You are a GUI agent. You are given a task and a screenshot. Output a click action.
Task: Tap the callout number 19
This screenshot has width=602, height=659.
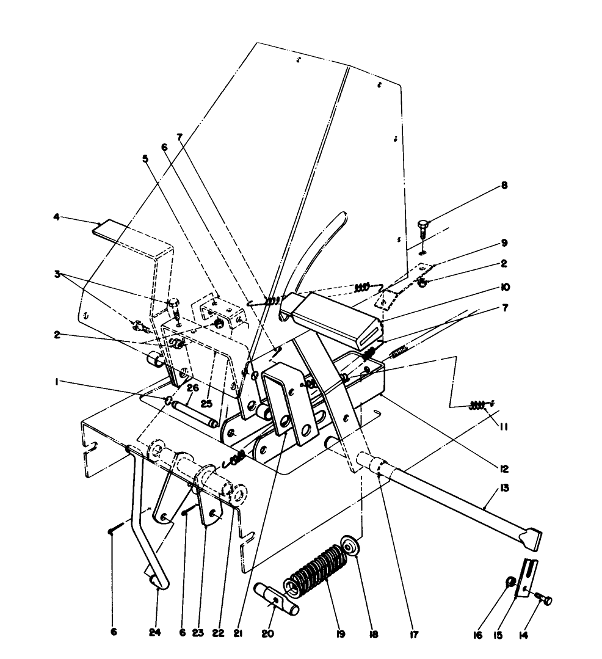[340, 635]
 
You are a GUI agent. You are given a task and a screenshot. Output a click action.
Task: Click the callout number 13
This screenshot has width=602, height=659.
[505, 489]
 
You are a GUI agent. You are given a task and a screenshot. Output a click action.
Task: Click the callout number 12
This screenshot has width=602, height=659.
[504, 469]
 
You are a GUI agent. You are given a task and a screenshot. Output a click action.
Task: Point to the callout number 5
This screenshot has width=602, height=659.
[145, 158]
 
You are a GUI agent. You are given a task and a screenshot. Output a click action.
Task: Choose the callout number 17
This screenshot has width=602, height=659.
[413, 635]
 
